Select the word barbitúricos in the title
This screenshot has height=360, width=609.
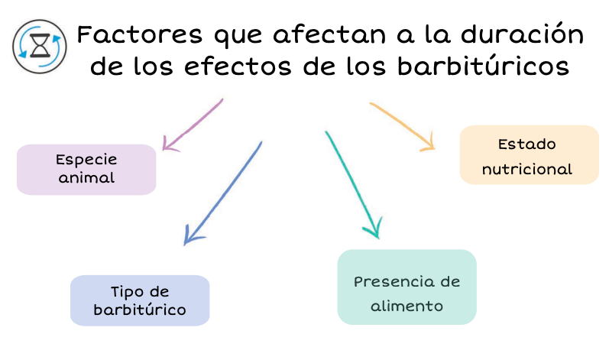[x=484, y=66]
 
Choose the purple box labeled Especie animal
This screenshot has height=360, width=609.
[x=86, y=169]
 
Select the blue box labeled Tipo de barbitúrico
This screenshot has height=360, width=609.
[x=140, y=300]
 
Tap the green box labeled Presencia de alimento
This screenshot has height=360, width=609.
[x=407, y=287]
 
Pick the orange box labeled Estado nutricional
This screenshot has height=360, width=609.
[x=529, y=154]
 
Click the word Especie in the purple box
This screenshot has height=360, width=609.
[x=86, y=161]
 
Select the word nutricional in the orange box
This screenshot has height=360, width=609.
[x=527, y=169]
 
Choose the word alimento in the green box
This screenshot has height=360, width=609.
[x=407, y=306]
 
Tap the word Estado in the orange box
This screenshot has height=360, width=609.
[x=526, y=144]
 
